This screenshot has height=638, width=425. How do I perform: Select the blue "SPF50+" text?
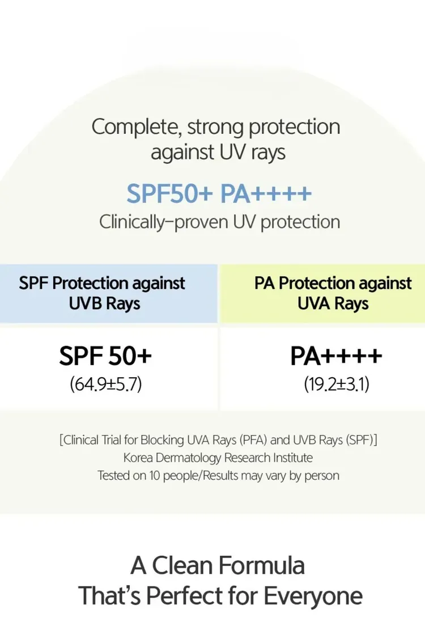coord(169,194)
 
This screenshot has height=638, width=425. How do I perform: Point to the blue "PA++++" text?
coord(266,194)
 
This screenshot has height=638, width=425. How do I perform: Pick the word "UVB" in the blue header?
coord(85,303)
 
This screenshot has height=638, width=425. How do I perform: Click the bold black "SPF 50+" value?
coord(105,356)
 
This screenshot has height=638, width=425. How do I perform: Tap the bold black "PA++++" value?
coord(336,356)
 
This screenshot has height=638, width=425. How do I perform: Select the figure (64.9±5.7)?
coord(106,384)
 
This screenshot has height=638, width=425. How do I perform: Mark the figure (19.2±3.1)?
coord(337,384)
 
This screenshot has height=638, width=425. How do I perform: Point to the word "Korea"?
coord(138,458)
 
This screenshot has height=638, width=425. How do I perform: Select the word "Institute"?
coord(293,458)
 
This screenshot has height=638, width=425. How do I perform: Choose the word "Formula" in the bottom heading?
coord(261,565)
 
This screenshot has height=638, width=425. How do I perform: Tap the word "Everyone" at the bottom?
coord(313,597)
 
